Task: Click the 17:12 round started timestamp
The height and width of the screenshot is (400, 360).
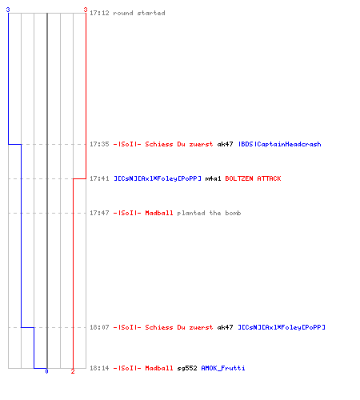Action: (99, 13)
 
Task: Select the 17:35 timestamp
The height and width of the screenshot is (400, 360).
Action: (99, 144)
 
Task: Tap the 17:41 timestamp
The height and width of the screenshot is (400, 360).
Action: (99, 178)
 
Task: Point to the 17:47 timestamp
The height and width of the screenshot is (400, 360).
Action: (99, 213)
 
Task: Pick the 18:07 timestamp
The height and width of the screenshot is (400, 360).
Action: (99, 327)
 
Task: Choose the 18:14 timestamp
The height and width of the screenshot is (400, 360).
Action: (99, 368)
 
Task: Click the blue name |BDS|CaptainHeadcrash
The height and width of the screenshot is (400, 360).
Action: (280, 144)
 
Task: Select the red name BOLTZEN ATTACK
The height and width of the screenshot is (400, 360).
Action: (253, 178)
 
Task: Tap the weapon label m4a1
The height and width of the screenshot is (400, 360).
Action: (213, 178)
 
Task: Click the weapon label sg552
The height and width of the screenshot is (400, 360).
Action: (187, 368)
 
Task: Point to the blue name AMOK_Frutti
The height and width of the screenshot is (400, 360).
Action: (223, 368)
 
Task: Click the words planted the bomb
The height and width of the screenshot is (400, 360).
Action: (209, 213)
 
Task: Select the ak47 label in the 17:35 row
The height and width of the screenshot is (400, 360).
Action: (225, 144)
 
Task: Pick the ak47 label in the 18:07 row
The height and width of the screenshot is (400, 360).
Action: (225, 327)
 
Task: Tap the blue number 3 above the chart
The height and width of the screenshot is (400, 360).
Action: (8, 10)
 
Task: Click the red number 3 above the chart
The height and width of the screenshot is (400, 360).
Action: (86, 10)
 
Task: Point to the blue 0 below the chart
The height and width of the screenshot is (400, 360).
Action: (46, 371)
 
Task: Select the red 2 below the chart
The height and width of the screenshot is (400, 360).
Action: (73, 371)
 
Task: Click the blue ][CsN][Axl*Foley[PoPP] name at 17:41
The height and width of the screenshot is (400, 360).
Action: (158, 178)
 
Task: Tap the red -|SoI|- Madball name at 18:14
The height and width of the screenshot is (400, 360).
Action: (143, 368)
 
